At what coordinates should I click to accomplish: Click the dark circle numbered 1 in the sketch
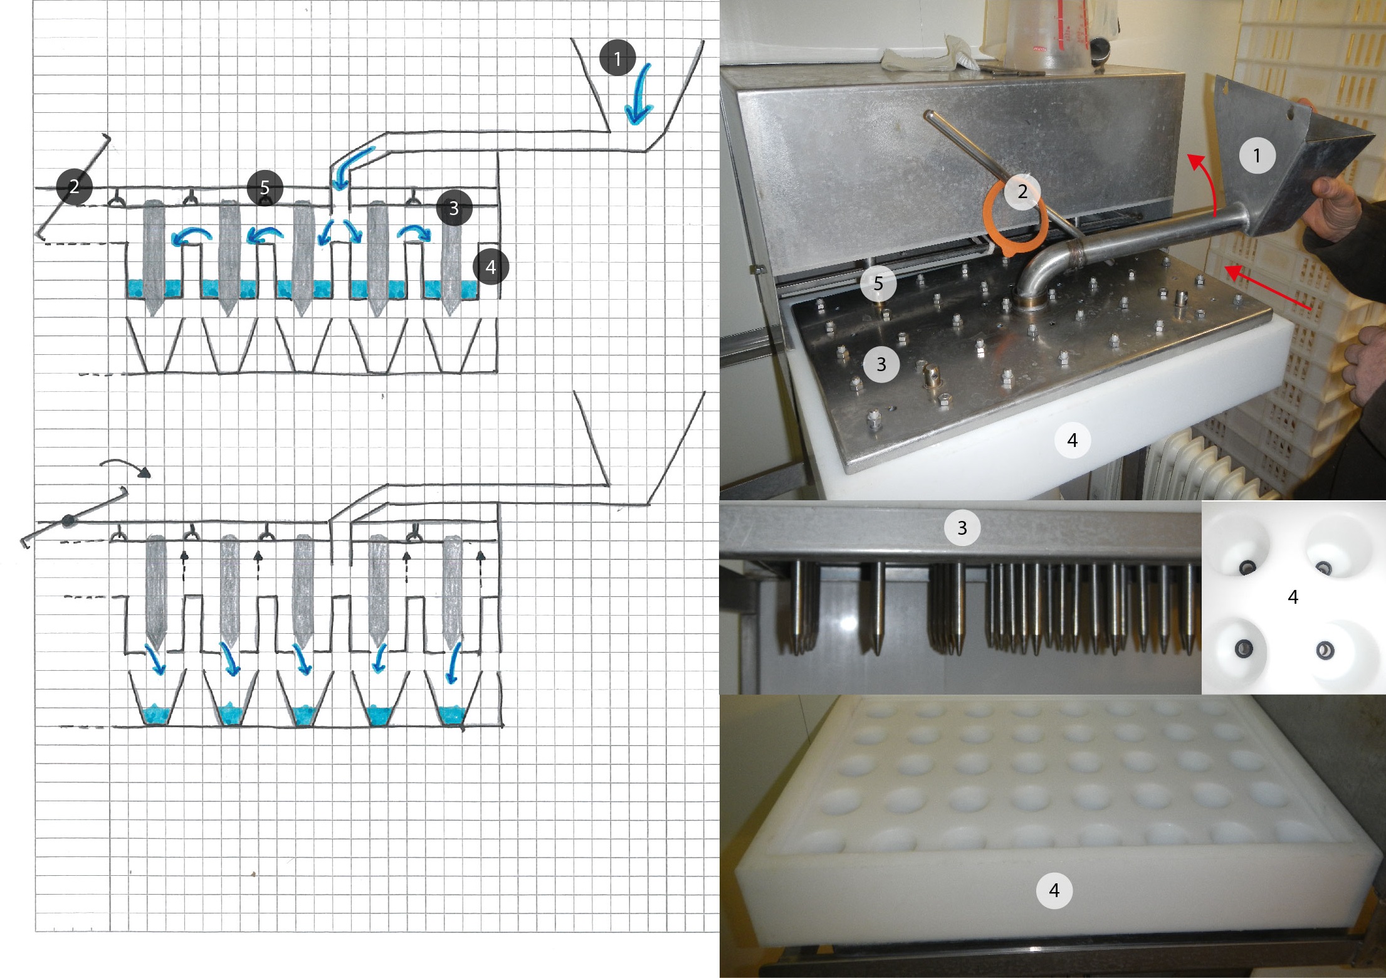617,58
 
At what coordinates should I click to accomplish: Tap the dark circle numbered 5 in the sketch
265,187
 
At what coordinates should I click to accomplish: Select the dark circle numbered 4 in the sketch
490,267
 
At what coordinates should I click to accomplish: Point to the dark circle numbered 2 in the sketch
74,186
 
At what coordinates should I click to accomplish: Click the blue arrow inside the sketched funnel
639,94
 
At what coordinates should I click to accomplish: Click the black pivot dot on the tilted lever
67,520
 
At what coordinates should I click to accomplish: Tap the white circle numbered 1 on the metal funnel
1257,155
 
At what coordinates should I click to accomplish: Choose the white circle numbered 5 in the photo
878,283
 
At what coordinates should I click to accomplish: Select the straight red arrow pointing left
1266,288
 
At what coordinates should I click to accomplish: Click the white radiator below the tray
1191,464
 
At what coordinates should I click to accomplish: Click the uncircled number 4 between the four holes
1293,597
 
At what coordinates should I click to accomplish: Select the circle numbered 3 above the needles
962,528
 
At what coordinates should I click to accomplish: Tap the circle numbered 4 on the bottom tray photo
1054,890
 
